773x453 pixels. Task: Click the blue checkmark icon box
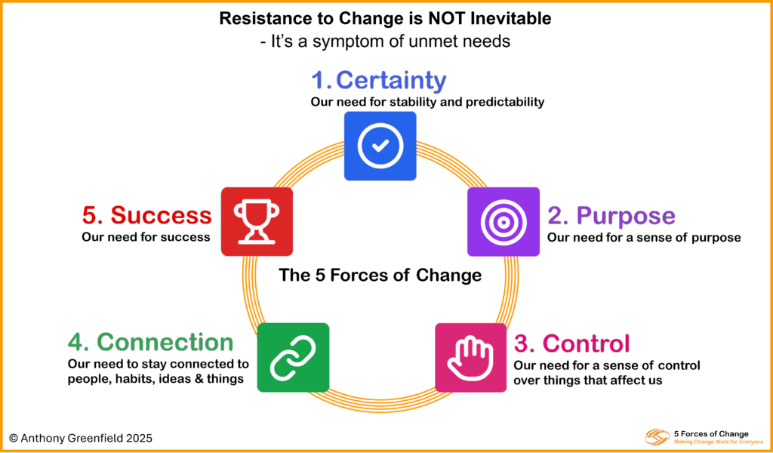[x=380, y=146]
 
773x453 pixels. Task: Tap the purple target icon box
[x=503, y=221]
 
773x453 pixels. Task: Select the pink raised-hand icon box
[x=470, y=357]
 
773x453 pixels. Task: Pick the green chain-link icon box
[x=293, y=357]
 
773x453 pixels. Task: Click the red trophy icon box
[x=257, y=221]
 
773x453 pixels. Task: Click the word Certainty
[x=391, y=80]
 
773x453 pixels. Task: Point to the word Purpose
[x=626, y=216]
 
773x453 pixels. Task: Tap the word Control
[x=586, y=344]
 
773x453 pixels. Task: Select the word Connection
[x=165, y=342]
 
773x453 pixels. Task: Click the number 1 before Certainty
[x=319, y=80]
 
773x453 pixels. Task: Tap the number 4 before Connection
[x=76, y=342]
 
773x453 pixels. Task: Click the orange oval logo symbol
[x=654, y=437]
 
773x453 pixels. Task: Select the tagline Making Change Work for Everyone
[x=719, y=441]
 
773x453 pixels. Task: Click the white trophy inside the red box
[x=257, y=221]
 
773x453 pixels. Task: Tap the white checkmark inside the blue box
[x=380, y=146]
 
